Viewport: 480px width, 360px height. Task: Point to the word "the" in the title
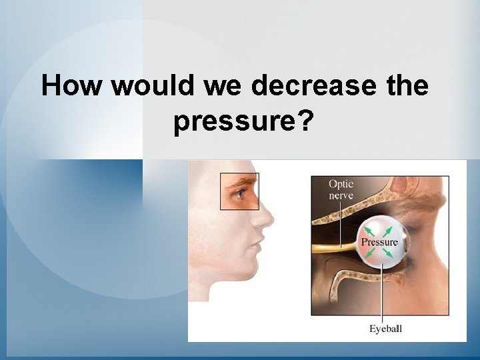[x=406, y=86]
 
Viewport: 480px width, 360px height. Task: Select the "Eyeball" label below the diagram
[x=386, y=328]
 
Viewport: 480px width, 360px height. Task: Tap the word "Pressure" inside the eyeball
[x=379, y=242]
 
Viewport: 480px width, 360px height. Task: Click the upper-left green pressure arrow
[x=365, y=229]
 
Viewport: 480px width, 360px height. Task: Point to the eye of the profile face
[x=241, y=194]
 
